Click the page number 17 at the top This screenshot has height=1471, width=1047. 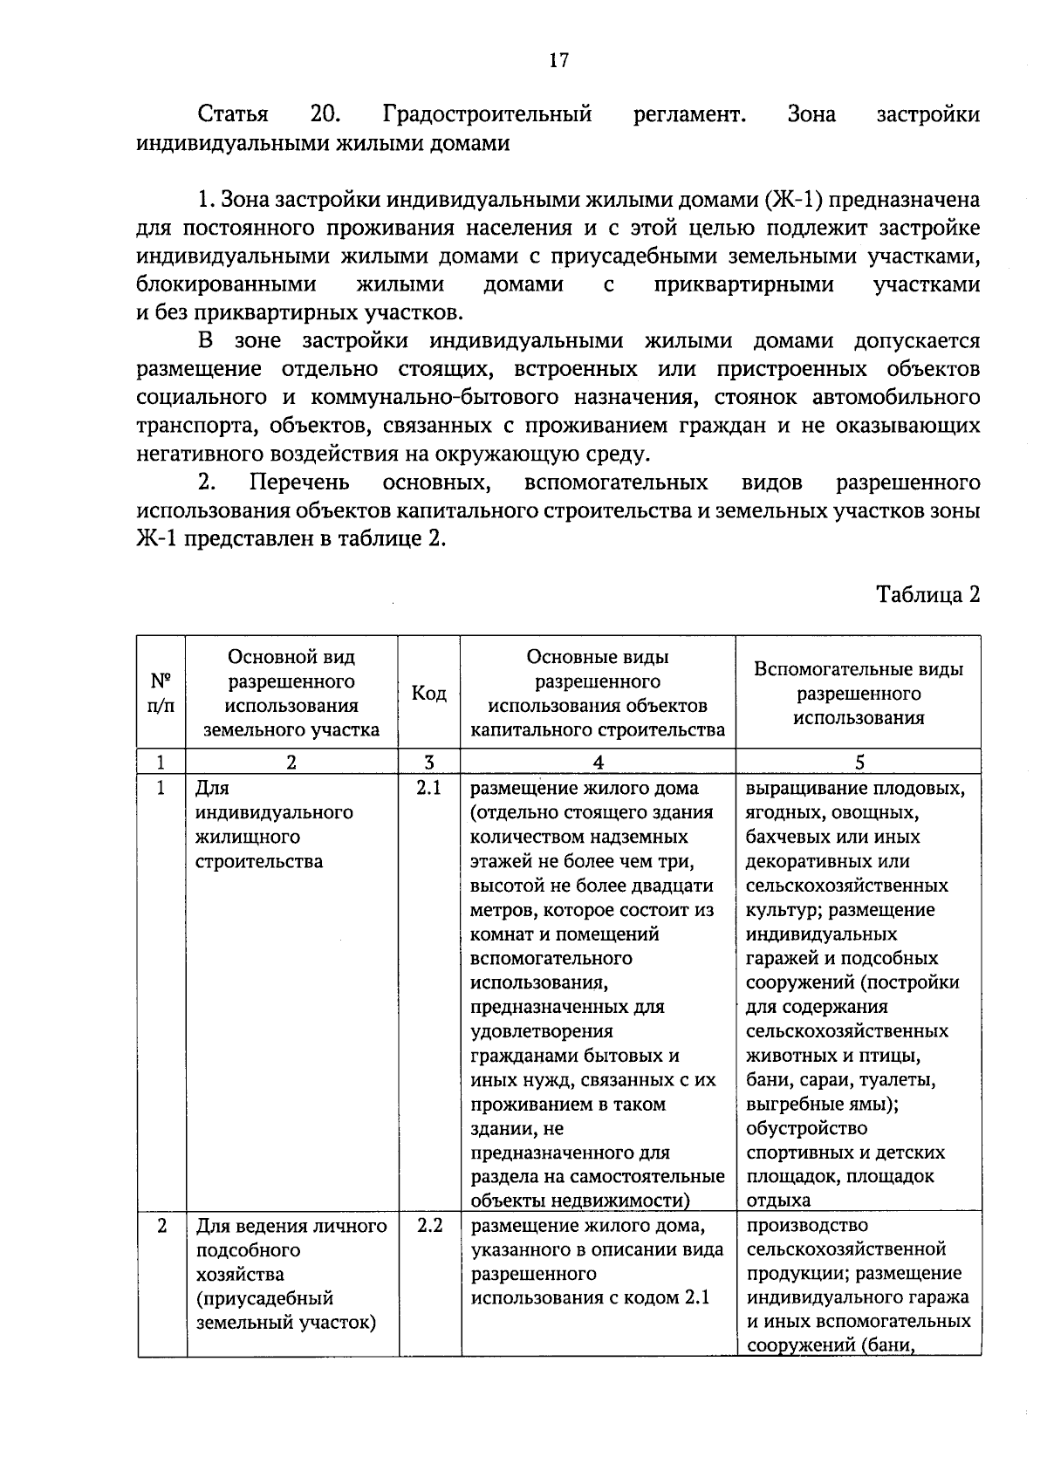[558, 60]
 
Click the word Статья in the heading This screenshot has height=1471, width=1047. [233, 114]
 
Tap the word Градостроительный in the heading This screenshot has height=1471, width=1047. [487, 114]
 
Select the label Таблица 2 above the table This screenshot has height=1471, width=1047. [928, 595]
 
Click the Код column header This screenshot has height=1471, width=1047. [429, 694]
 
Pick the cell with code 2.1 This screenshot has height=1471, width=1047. [429, 789]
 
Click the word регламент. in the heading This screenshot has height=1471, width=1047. [689, 114]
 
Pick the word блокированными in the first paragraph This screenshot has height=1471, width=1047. [227, 284]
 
